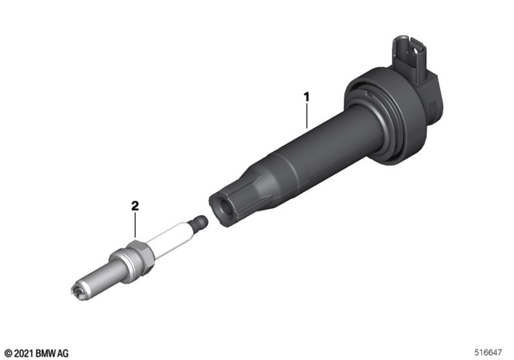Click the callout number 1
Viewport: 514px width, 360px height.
pyautogui.click(x=306, y=96)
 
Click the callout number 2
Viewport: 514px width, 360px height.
pyautogui.click(x=136, y=207)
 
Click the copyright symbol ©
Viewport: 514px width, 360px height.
pyautogui.click(x=7, y=353)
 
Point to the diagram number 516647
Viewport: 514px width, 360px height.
pyautogui.click(x=492, y=352)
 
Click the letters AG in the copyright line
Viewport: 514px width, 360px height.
pyautogui.click(x=63, y=353)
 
